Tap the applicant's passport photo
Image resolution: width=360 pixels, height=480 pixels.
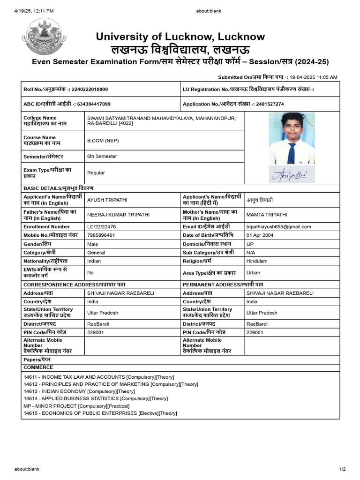coord(292,138)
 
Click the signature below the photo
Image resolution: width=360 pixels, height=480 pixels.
coord(292,174)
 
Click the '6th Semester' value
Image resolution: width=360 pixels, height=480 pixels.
coord(102,156)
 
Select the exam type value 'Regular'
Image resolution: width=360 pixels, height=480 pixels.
coord(96,172)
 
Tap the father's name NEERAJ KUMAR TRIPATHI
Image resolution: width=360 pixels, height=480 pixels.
coord(118,215)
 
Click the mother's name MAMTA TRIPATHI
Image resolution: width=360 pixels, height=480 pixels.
coord(267,215)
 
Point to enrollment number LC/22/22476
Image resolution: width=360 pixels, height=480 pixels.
coord(101,226)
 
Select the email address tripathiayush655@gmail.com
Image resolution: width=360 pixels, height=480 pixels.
coord(278,226)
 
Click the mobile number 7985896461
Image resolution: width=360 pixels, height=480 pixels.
coord(101,235)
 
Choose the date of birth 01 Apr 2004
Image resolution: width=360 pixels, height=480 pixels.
coord(260,235)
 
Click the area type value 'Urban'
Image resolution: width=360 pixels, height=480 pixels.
coord(253,272)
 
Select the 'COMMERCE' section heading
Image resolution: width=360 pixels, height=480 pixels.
coord(38,367)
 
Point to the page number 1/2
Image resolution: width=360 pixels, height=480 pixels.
coord(342,469)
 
